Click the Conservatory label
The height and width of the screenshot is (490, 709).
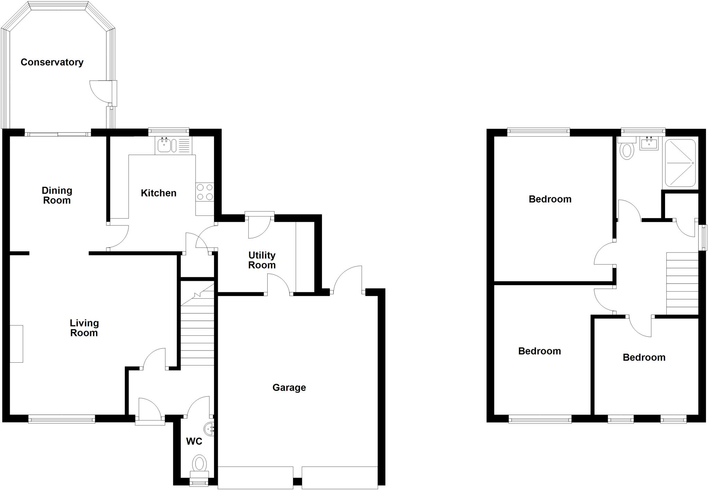(x=52, y=62)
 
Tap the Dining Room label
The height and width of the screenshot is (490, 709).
(x=57, y=196)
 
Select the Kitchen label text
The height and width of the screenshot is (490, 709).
(x=159, y=193)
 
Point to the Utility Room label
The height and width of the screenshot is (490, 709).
(x=262, y=260)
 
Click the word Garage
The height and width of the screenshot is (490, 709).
(x=289, y=388)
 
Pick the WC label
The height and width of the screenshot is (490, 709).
(x=194, y=442)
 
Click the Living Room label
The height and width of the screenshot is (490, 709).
(x=84, y=328)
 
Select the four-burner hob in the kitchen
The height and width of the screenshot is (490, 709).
(x=205, y=192)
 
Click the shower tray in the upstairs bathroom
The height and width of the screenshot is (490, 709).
(x=680, y=163)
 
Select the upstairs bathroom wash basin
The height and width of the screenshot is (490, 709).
(x=649, y=144)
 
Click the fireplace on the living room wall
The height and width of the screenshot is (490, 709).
(x=16, y=344)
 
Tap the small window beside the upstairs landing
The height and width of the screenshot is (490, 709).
(x=703, y=237)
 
